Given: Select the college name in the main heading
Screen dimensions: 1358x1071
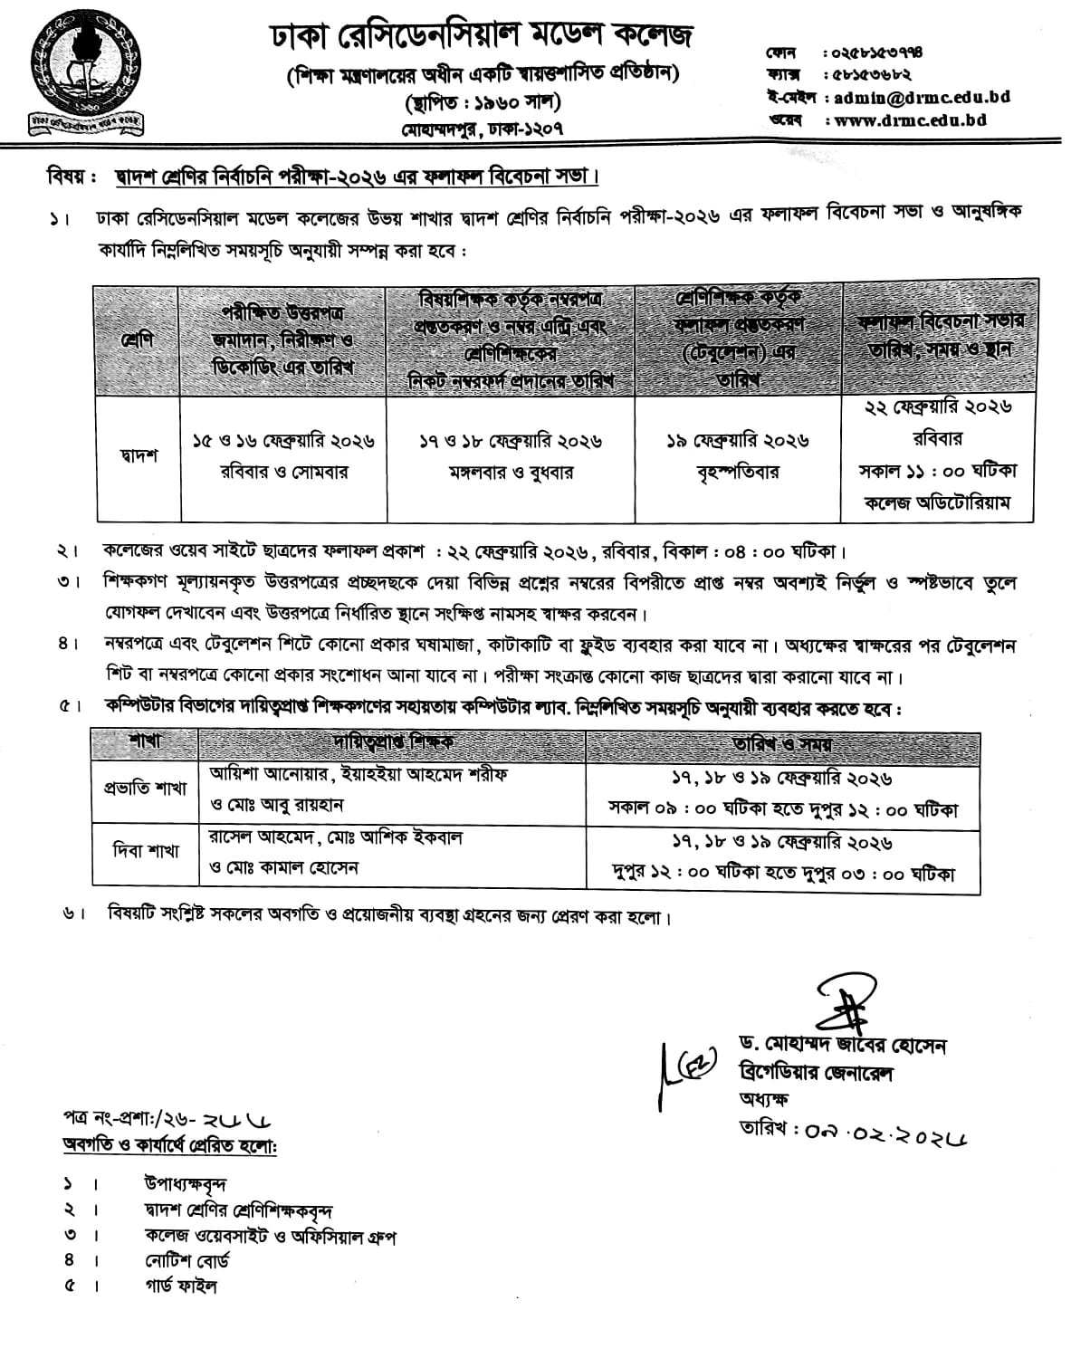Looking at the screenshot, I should (482, 36).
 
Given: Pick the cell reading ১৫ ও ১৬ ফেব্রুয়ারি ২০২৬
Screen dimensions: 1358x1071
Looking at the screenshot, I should (283, 442).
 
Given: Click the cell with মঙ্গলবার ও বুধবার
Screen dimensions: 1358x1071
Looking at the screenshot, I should (512, 473).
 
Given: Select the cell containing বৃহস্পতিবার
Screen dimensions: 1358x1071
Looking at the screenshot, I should (738, 473).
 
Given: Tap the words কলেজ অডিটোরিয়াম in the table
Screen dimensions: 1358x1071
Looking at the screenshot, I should (937, 502).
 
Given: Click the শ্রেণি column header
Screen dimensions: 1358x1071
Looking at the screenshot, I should (137, 341).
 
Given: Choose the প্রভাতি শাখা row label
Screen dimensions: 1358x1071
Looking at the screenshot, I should (145, 788).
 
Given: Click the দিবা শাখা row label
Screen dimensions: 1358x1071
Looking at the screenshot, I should (145, 851).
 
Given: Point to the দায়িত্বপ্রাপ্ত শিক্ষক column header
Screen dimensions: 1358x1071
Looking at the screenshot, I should (393, 742).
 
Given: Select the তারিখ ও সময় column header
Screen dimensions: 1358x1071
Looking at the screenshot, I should (782, 744).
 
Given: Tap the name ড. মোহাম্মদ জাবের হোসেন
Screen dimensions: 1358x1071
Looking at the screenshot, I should (842, 1047).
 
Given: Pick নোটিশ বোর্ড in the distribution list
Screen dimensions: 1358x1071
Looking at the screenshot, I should (186, 1260).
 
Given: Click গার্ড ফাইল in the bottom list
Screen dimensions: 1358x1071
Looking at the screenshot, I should (180, 1286).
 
